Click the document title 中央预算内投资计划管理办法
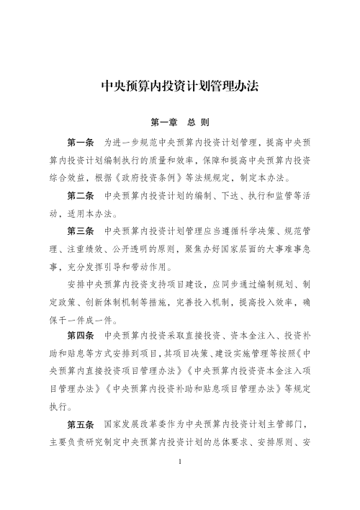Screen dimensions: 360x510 [180, 88]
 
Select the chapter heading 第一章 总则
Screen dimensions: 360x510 [180, 122]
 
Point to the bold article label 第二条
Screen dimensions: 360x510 [81, 196]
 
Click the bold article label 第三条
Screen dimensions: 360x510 [81, 231]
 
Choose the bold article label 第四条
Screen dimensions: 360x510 [81, 336]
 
